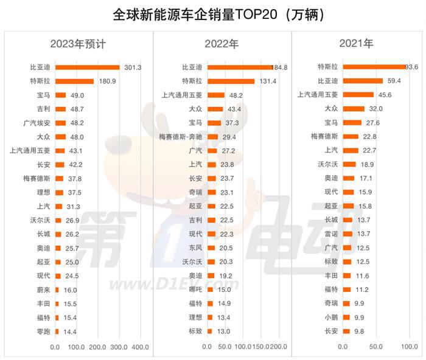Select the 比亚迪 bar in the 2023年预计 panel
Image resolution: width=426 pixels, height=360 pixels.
tap(87, 67)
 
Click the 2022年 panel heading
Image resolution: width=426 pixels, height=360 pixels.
tap(222, 44)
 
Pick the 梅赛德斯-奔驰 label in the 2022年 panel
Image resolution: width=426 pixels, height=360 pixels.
tap(180, 137)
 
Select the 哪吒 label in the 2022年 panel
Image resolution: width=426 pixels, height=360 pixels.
tap(195, 290)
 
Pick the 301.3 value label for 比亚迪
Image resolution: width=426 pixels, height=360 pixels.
tap(132, 67)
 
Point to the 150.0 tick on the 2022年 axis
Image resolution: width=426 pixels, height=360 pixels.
tap(260, 347)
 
